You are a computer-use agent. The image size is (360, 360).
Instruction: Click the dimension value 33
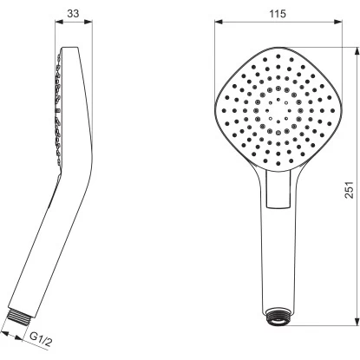pos(73,13)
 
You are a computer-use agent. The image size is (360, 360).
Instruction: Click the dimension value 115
pos(278,14)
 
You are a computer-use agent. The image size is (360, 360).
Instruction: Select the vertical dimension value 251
pos(350,190)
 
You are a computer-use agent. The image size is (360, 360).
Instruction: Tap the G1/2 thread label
pos(41,339)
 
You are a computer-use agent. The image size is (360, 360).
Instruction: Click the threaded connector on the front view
pos(278,317)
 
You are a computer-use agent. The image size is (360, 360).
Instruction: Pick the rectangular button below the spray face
pos(278,188)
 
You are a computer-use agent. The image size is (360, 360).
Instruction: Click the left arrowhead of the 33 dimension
pos(59,22)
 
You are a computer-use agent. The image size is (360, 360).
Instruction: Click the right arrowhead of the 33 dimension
pos(88,22)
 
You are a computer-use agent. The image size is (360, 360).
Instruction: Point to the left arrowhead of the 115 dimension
pos(219,22)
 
